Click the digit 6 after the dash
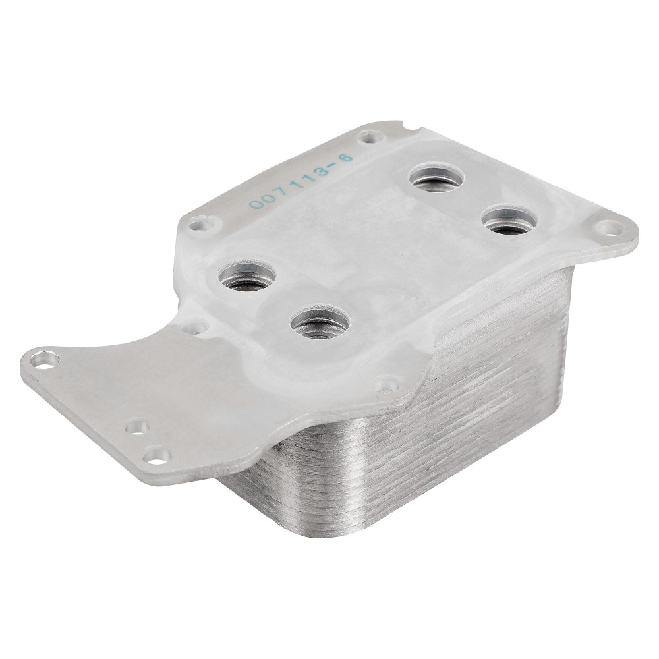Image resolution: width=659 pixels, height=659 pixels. (x=347, y=159)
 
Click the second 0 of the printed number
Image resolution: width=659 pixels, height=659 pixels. (x=269, y=198)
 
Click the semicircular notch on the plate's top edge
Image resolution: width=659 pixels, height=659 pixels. (x=412, y=125)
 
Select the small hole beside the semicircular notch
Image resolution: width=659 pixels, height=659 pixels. (x=371, y=136)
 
